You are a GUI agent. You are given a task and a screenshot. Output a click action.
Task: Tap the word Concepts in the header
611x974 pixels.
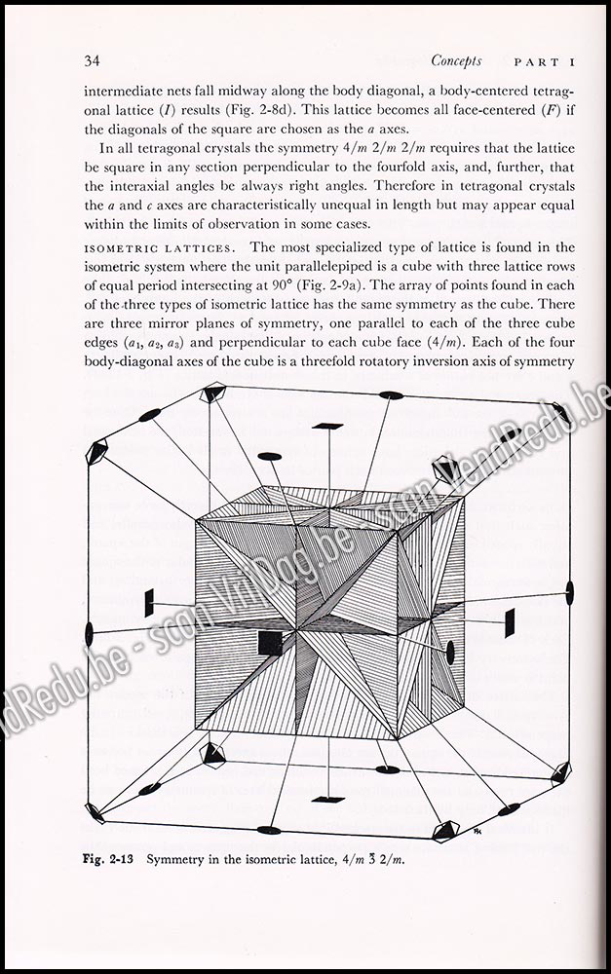pos(455,60)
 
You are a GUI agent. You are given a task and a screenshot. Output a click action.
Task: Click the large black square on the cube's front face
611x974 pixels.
pos(270,642)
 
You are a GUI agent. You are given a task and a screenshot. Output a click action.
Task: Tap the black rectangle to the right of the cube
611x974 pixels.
pos(510,621)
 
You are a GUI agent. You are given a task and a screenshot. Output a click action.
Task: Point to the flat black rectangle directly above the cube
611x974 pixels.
pos(328,427)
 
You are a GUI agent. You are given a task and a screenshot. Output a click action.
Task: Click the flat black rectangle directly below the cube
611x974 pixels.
pos(328,800)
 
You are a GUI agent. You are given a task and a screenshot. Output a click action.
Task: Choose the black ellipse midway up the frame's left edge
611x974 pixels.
pos(90,633)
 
